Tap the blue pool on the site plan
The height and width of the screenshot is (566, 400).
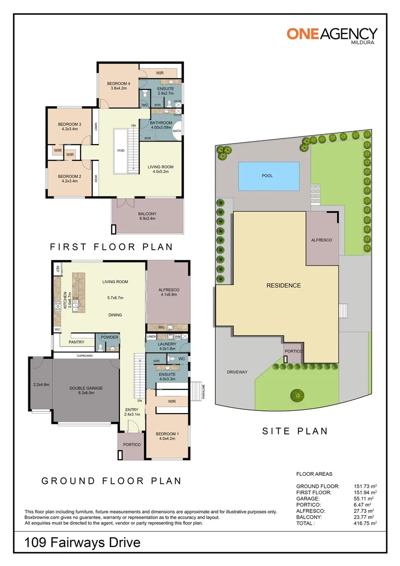pyautogui.click(x=269, y=176)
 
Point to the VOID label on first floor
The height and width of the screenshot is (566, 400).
pyautogui.click(x=121, y=150)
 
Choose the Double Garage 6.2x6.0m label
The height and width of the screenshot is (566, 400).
pyautogui.click(x=86, y=391)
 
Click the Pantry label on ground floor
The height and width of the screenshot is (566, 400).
pyautogui.click(x=77, y=342)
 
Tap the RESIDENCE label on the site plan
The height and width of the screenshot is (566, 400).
pyautogui.click(x=284, y=286)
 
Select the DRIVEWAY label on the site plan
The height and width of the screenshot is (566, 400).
pyautogui.click(x=237, y=372)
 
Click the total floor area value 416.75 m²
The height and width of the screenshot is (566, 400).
pyautogui.click(x=365, y=523)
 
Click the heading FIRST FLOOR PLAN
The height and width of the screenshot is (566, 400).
pyautogui.click(x=111, y=247)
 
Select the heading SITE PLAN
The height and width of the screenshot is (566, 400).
pyautogui.click(x=295, y=431)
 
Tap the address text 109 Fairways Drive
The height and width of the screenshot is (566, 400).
pyautogui.click(x=83, y=542)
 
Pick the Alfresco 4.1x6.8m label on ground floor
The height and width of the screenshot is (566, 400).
pyautogui.click(x=169, y=292)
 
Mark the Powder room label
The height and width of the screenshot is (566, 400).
pyautogui.click(x=110, y=337)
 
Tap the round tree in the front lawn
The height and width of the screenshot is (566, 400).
pyautogui.click(x=296, y=395)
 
